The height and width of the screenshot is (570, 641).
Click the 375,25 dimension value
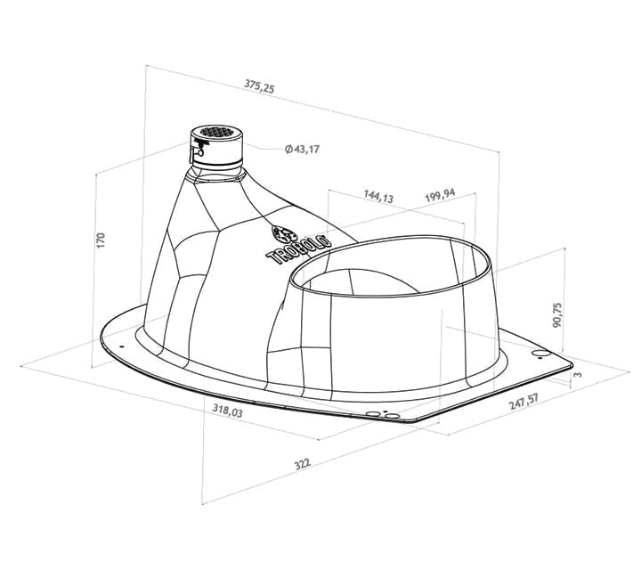coord(260,86)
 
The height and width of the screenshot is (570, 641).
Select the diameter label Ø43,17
coord(302,150)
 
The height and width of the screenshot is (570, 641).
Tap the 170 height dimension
coord(101,240)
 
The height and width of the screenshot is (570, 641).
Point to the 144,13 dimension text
coord(378,197)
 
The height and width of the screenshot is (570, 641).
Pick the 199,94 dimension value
coord(440,195)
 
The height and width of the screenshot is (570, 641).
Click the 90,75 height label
coord(556,315)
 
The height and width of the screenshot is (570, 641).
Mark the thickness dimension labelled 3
coord(578,374)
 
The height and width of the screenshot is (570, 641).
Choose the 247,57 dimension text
coord(523,402)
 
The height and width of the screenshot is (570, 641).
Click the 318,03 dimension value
coord(227,410)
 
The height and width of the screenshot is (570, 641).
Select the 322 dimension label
coord(303,464)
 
